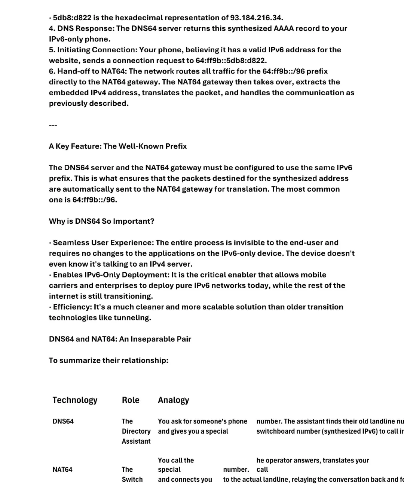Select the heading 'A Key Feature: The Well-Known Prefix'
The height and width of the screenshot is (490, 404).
pyautogui.click(x=118, y=146)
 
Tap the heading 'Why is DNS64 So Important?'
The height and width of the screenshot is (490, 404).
pyautogui.click(x=101, y=221)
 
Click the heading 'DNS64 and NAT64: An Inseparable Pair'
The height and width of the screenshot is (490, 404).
pyautogui.click(x=120, y=339)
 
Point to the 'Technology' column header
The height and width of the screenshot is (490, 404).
pyautogui.click(x=75, y=400)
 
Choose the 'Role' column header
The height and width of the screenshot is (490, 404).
pyautogui.click(x=131, y=400)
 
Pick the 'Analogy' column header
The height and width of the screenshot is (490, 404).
pyautogui.click(x=174, y=400)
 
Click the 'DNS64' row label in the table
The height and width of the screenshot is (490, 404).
pyautogui.click(x=63, y=421)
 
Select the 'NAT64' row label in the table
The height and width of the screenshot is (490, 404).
pyautogui.click(x=62, y=469)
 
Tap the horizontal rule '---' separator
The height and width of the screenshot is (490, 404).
pyautogui.click(x=53, y=125)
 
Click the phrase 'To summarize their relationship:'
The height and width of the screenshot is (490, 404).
pyautogui.click(x=108, y=360)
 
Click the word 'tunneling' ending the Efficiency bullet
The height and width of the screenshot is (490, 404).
pyautogui.click(x=134, y=318)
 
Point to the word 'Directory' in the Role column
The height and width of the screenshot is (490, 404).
pyautogui.click(x=136, y=431)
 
